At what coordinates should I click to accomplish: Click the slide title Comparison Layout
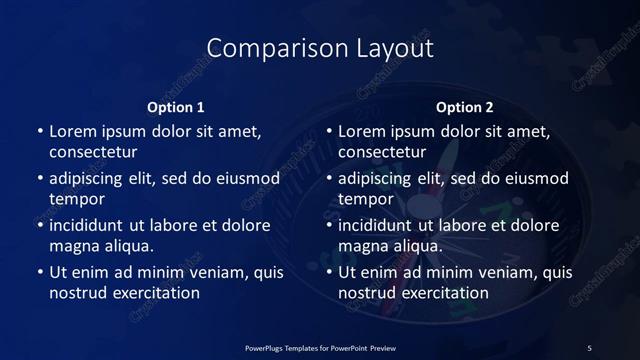point(320,49)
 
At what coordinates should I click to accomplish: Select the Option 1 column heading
point(176,107)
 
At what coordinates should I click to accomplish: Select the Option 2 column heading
point(465,107)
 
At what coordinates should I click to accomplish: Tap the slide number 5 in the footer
point(589,347)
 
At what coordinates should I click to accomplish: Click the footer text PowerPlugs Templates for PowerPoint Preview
point(320,347)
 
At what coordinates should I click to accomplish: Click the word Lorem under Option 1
point(73,131)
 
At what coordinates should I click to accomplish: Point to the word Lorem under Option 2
point(362,131)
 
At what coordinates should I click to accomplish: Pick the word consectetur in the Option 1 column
point(93,152)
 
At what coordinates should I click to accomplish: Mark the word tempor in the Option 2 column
point(364,199)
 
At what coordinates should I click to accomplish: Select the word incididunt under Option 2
point(379,225)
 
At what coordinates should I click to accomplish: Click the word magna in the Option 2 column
point(362,246)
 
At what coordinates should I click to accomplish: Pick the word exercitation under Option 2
point(441,293)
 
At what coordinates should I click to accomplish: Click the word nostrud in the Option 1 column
point(77,293)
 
